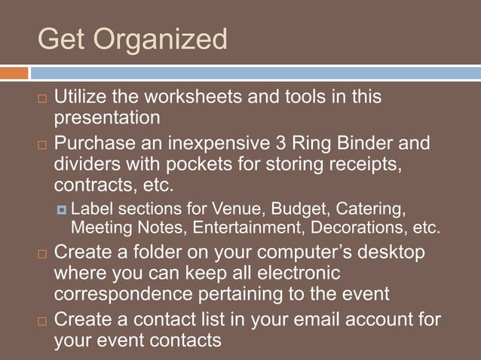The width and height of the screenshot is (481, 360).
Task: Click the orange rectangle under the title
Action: (x=14, y=73)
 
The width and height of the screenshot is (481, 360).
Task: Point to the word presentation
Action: (x=107, y=118)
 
